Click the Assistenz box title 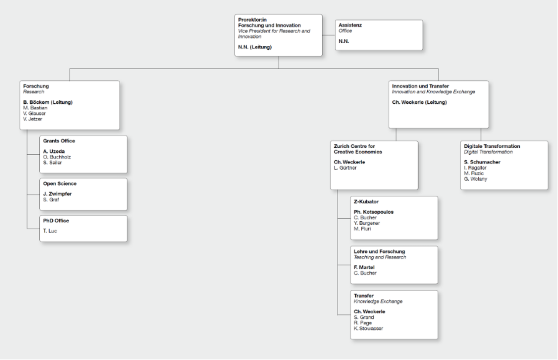(350, 25)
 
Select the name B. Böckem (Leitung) (48, 102)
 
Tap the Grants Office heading (59, 141)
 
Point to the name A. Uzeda (54, 151)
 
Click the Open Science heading (60, 184)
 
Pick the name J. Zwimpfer (57, 194)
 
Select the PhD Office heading (56, 221)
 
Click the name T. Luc (50, 231)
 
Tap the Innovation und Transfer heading (421, 86)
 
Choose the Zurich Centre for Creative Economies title (358, 149)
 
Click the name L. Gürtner (345, 168)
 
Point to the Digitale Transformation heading (492, 146)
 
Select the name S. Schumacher (482, 162)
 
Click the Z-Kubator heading (366, 202)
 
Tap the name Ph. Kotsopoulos (374, 212)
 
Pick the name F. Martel (364, 268)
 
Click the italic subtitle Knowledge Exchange (378, 302)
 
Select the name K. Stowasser (368, 329)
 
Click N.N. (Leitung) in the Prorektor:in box (255, 47)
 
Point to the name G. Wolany (475, 179)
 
